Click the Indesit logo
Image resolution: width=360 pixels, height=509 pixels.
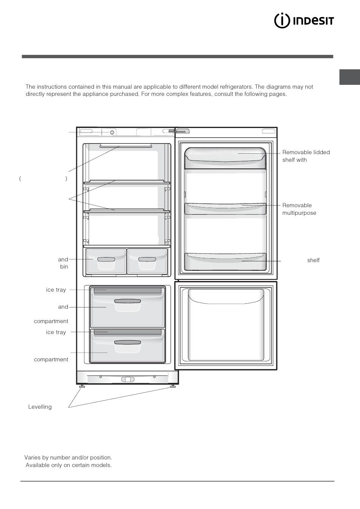[304, 21]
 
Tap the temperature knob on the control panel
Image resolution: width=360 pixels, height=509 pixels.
[112, 132]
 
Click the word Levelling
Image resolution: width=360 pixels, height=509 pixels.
[40, 407]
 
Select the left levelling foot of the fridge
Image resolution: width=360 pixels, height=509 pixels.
[82, 386]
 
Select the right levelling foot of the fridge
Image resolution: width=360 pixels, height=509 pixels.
[173, 386]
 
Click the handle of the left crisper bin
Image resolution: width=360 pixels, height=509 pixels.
[106, 259]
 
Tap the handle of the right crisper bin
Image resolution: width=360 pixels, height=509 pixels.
[147, 259]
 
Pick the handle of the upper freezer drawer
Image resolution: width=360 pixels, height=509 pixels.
[128, 301]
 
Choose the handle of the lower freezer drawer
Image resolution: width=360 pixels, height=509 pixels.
[128, 342]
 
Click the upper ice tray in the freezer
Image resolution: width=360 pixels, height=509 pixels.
[128, 291]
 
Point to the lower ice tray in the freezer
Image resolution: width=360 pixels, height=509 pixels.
[128, 332]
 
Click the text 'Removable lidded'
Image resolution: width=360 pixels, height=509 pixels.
[306, 152]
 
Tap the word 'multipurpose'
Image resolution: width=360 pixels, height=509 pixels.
[299, 213]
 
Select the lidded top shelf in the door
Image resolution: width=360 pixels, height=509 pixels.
[225, 158]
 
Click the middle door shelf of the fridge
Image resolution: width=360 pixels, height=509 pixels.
[225, 209]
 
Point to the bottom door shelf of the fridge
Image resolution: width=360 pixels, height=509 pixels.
[225, 262]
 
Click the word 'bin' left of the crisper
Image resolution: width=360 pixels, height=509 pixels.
[64, 267]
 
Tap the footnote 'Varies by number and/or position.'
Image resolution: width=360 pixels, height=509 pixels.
[68, 457]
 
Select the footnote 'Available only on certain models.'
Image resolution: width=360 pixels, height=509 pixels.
[69, 465]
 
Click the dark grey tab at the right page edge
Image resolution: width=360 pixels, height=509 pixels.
[349, 77]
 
